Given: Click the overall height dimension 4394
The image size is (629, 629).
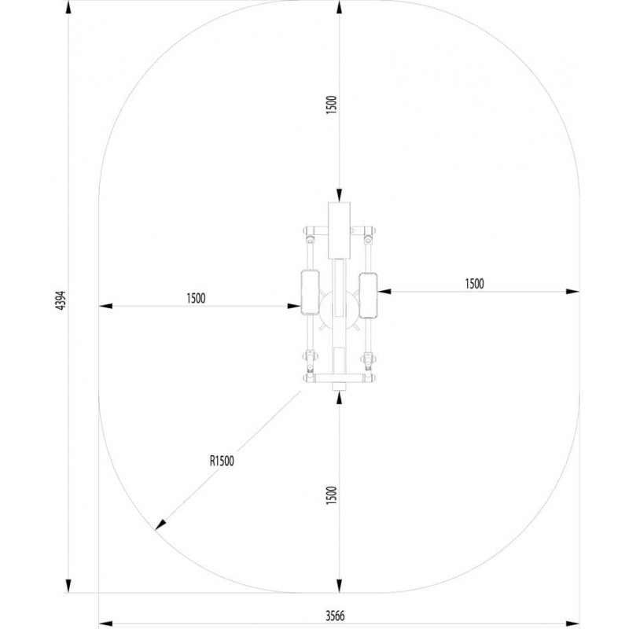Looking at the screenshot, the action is [61, 300].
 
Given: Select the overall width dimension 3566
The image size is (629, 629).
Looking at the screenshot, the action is [336, 616].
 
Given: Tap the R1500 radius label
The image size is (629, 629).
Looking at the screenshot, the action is [222, 461].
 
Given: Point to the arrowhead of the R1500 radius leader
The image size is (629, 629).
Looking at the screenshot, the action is [160, 524].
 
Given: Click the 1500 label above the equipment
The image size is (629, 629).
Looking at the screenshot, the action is [331, 105].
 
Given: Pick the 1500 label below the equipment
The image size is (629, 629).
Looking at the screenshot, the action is [331, 495].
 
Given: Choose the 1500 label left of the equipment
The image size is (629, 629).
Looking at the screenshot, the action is [196, 299].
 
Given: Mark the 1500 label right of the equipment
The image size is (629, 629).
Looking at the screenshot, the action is [475, 284].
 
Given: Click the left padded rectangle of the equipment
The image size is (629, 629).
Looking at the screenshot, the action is [310, 292].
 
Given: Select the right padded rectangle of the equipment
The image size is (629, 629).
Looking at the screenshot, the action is [368, 296].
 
